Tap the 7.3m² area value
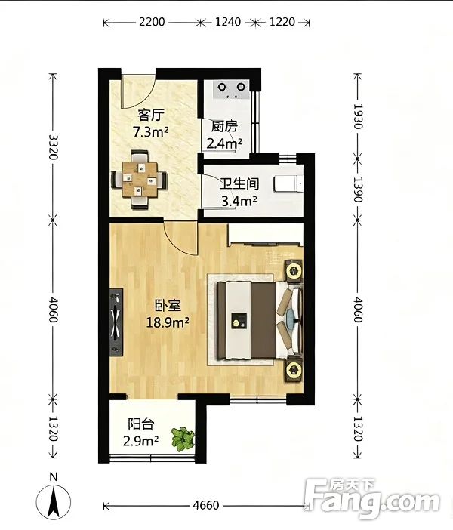click(151, 131)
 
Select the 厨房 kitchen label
click(224, 126)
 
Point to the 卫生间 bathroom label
click(239, 184)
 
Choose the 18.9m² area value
click(168, 322)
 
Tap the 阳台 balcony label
click(141, 424)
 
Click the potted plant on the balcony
click(183, 439)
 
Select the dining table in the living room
click(140, 180)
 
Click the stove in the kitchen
click(232, 89)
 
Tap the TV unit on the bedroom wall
click(116, 322)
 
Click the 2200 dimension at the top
click(152, 22)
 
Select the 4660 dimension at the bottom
click(206, 505)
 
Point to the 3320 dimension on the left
click(54, 147)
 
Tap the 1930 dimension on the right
click(358, 116)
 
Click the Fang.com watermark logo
click(372, 496)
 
